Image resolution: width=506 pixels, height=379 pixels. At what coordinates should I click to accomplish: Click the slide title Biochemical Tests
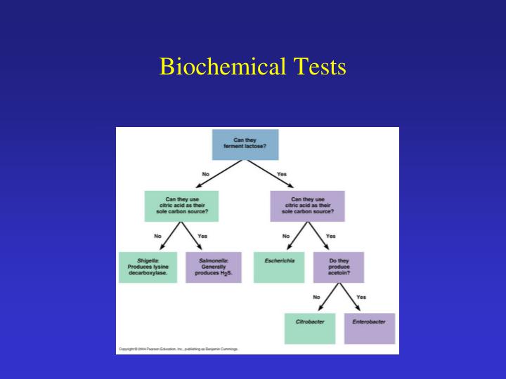253,67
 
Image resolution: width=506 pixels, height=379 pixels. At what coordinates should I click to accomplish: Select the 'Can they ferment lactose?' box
245,145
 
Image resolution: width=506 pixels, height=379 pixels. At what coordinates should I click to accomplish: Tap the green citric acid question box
182,206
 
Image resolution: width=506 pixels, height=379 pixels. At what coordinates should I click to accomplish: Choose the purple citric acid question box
307,206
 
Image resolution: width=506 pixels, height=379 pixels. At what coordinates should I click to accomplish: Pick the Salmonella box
213,267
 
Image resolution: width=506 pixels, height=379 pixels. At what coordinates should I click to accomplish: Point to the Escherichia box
279,267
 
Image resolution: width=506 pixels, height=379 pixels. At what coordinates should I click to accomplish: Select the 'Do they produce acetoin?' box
339,267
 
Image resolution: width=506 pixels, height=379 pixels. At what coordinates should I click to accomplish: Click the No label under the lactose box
206,174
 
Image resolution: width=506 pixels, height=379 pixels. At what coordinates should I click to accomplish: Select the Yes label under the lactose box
282,174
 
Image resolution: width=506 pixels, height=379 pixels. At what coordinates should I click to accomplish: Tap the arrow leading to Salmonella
196,237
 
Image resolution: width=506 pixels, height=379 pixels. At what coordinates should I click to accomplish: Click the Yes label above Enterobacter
361,297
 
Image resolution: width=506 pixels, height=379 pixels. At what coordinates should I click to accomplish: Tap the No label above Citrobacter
316,297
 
